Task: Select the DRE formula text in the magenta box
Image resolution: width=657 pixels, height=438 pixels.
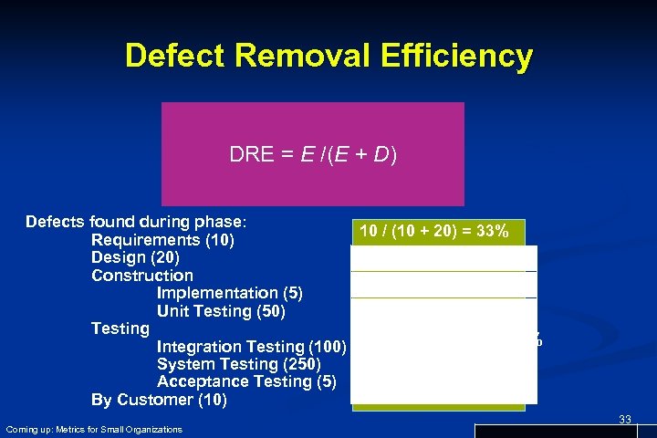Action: tap(313, 155)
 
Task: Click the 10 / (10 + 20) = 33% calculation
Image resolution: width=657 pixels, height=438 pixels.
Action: tap(433, 231)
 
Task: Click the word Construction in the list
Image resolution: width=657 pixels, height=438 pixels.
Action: tap(142, 275)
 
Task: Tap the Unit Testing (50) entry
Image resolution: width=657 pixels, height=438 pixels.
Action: tap(222, 311)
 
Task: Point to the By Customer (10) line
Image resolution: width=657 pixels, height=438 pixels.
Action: tap(160, 400)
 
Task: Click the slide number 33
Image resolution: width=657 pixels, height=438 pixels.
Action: tap(625, 419)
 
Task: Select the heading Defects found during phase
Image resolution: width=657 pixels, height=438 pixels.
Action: tap(138, 222)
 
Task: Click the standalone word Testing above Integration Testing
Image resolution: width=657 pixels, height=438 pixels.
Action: tap(120, 328)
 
